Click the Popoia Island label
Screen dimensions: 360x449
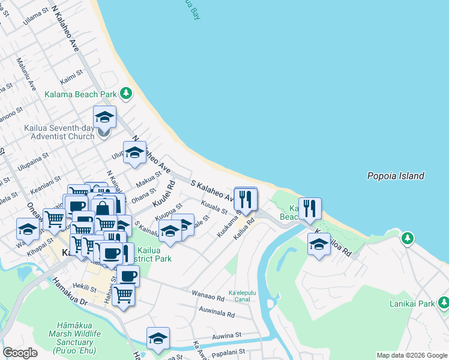tap(396, 176)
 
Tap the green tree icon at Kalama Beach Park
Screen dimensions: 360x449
tap(125, 93)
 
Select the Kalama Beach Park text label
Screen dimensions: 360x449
tap(80, 94)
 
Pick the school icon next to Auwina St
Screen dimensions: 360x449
tap(158, 338)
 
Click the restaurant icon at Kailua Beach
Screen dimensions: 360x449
tap(310, 209)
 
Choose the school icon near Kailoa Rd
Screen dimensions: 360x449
tap(319, 244)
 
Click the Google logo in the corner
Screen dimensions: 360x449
tap(20, 353)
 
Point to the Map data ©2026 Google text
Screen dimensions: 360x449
tap(411, 355)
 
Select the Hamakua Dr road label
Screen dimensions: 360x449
tap(70, 293)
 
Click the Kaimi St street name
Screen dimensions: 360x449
tap(70, 78)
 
